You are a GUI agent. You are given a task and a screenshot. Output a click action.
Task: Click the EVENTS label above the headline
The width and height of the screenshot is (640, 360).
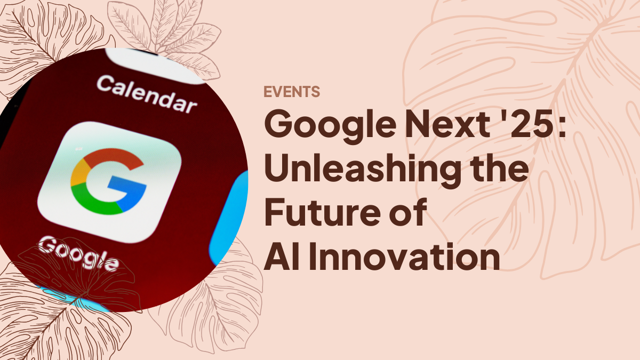292,92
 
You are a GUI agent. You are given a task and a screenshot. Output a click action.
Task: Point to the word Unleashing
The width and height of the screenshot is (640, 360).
363,170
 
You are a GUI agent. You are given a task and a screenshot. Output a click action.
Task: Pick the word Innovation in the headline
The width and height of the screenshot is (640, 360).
404,257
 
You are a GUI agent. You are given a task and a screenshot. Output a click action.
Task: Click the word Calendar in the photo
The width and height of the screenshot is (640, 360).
147,94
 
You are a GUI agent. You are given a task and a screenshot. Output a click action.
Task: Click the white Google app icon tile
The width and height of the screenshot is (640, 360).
109,182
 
